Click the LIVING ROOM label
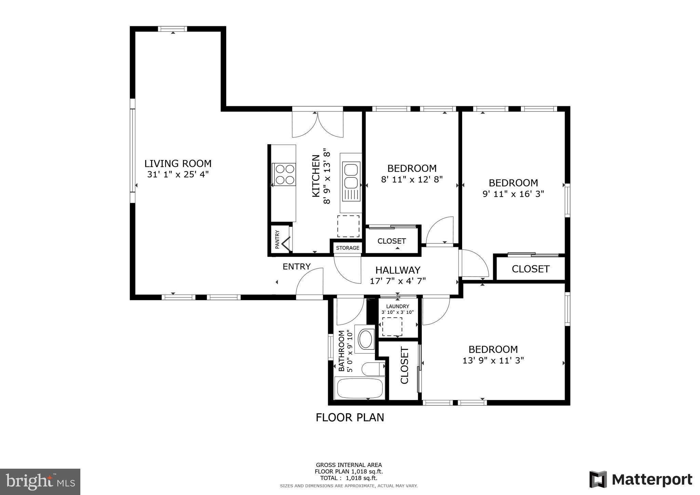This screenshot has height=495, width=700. pyautogui.click(x=178, y=163)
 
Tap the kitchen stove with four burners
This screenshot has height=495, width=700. pyautogui.click(x=284, y=174)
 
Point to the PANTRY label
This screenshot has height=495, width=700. pyautogui.click(x=277, y=239)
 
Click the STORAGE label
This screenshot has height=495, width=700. pyautogui.click(x=348, y=248)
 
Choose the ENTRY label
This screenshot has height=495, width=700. pyautogui.click(x=297, y=267)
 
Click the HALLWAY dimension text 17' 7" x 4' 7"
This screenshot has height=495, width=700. pyautogui.click(x=398, y=281)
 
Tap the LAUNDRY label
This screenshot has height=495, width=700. pyautogui.click(x=398, y=307)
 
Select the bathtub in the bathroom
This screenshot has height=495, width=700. pyautogui.click(x=360, y=388)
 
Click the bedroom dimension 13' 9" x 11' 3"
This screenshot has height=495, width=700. pyautogui.click(x=493, y=360)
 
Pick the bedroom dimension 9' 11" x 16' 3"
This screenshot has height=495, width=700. pyautogui.click(x=513, y=194)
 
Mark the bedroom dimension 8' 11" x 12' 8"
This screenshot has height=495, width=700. pyautogui.click(x=412, y=179)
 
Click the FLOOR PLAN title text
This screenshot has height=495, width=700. pyautogui.click(x=350, y=417)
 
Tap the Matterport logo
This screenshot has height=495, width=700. pyautogui.click(x=641, y=479)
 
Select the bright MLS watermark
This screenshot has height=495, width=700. pyautogui.click(x=40, y=482)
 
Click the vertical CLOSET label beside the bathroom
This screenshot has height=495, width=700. pyautogui.click(x=404, y=366)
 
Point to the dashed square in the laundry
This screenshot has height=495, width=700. pyautogui.click(x=392, y=326)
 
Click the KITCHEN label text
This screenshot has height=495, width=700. pyautogui.click(x=316, y=176)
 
